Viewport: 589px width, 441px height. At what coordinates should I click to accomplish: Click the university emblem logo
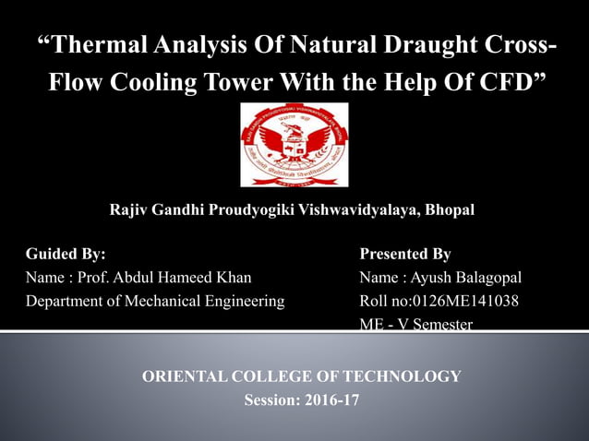294,145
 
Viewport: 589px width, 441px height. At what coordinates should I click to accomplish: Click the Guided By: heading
66,254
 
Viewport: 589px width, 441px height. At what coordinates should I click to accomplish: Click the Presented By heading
404,254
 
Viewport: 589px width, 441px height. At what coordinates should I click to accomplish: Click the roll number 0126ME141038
466,301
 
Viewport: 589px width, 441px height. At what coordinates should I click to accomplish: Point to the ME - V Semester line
415,324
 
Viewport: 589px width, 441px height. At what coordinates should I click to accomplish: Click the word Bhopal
450,210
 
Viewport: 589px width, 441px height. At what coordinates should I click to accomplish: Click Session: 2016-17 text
302,400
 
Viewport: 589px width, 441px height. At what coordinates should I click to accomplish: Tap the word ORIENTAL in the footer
183,376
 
